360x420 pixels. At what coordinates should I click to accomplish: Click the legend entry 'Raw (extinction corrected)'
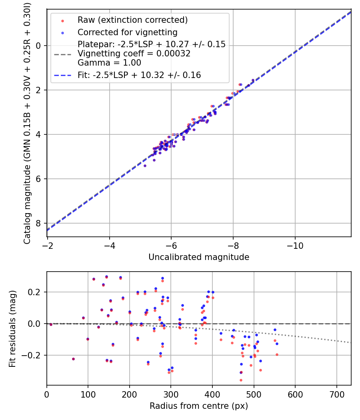coord(132,20)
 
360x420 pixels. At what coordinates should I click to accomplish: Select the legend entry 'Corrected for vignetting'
coord(127,32)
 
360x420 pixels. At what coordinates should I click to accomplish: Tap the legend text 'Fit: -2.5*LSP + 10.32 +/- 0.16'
coord(139,75)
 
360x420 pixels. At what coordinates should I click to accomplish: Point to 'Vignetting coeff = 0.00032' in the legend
coord(134,54)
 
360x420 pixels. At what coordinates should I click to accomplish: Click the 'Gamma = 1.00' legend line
coord(109,63)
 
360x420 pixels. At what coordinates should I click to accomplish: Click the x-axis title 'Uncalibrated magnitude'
coord(199,257)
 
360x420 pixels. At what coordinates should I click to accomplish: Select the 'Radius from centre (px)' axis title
coord(199,406)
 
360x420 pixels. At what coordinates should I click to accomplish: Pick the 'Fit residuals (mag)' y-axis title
coord(12,328)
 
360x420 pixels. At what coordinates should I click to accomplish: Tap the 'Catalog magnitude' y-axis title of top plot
coord(27,122)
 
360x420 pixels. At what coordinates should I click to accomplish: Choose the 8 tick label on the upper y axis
coord(39,223)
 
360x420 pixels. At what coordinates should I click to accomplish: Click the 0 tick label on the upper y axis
coord(39,46)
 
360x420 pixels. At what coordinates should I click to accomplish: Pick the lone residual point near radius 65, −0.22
coord(73,359)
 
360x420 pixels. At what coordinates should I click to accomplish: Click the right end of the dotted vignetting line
coord(350,342)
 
